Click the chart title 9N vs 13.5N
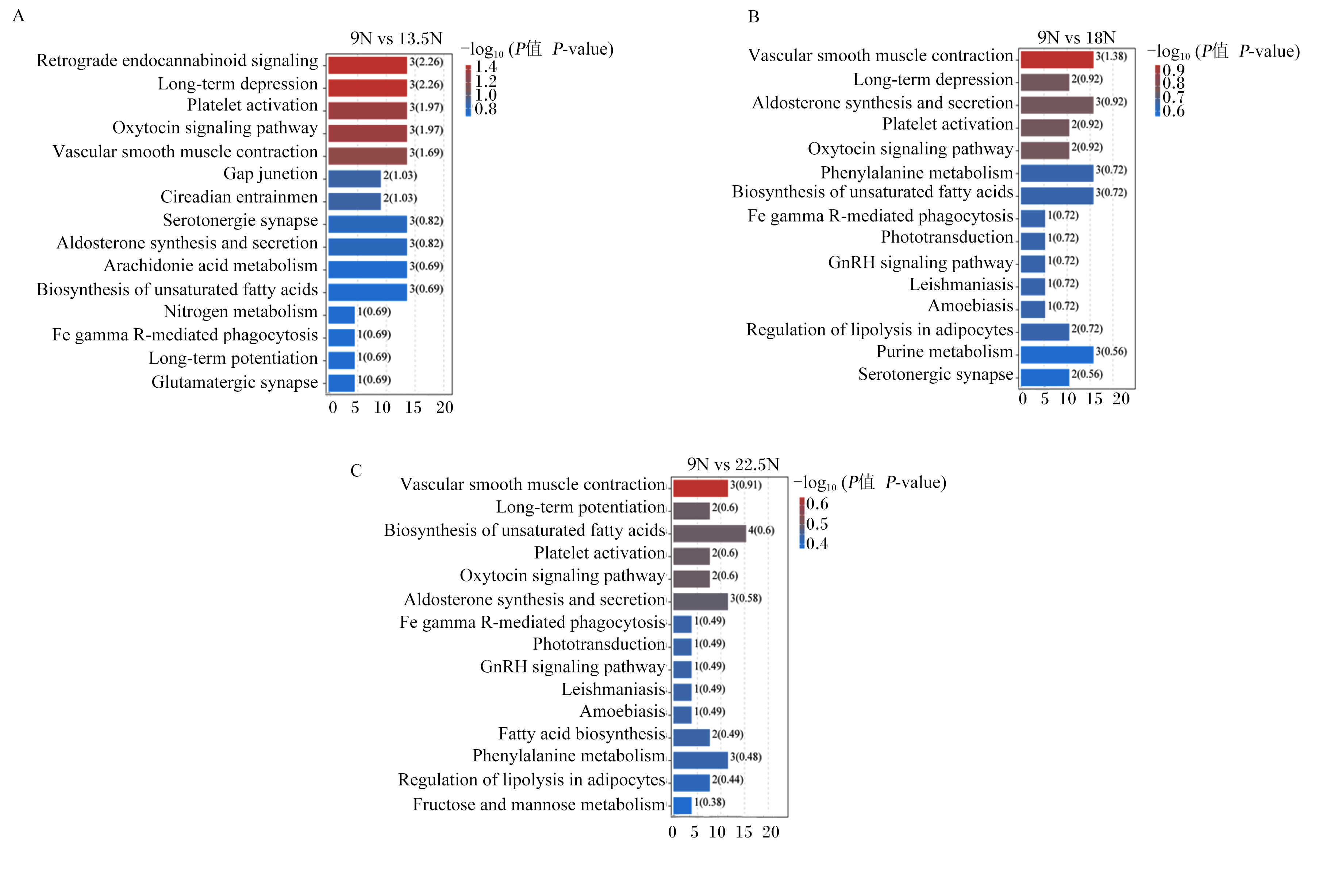point(396,38)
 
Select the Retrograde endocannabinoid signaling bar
point(367,65)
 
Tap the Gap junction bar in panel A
point(354,179)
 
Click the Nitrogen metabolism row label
point(241,311)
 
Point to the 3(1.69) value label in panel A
point(427,152)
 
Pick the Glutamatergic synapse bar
point(342,383)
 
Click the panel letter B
point(754,17)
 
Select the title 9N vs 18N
point(1076,38)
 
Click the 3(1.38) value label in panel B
point(1111,56)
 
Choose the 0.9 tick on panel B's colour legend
point(1173,70)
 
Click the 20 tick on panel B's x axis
point(1121,399)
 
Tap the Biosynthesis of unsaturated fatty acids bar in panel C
point(709,534)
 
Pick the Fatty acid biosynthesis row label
point(582,734)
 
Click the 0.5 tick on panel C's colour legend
point(817,524)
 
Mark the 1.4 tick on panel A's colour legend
point(486,67)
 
